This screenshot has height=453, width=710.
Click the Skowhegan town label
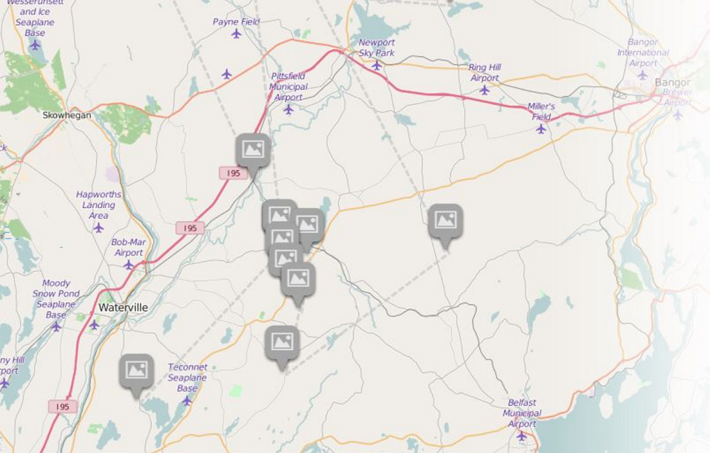(x=67, y=115)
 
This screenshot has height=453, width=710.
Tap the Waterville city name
(x=123, y=307)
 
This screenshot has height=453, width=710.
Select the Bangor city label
(x=672, y=82)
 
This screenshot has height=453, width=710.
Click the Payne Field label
(x=236, y=22)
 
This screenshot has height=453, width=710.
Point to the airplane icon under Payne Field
(x=236, y=33)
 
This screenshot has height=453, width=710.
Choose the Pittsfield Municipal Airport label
(x=289, y=87)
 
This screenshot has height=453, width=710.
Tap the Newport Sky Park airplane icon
(x=377, y=65)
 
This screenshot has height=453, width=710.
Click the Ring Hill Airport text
(x=484, y=72)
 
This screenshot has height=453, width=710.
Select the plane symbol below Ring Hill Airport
(x=484, y=90)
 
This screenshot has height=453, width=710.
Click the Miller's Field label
(x=541, y=111)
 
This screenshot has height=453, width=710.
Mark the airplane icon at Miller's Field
(x=541, y=129)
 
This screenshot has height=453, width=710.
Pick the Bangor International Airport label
(x=642, y=53)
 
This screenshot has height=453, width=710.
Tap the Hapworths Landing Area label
(x=99, y=204)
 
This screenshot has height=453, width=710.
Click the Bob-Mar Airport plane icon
(x=129, y=265)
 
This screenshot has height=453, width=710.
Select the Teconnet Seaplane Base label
(x=187, y=378)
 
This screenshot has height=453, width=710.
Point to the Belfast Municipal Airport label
(x=522, y=413)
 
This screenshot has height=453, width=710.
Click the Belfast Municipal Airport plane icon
(x=522, y=435)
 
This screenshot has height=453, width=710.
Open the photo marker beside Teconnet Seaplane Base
(x=136, y=370)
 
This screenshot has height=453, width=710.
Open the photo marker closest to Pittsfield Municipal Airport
(x=253, y=150)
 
